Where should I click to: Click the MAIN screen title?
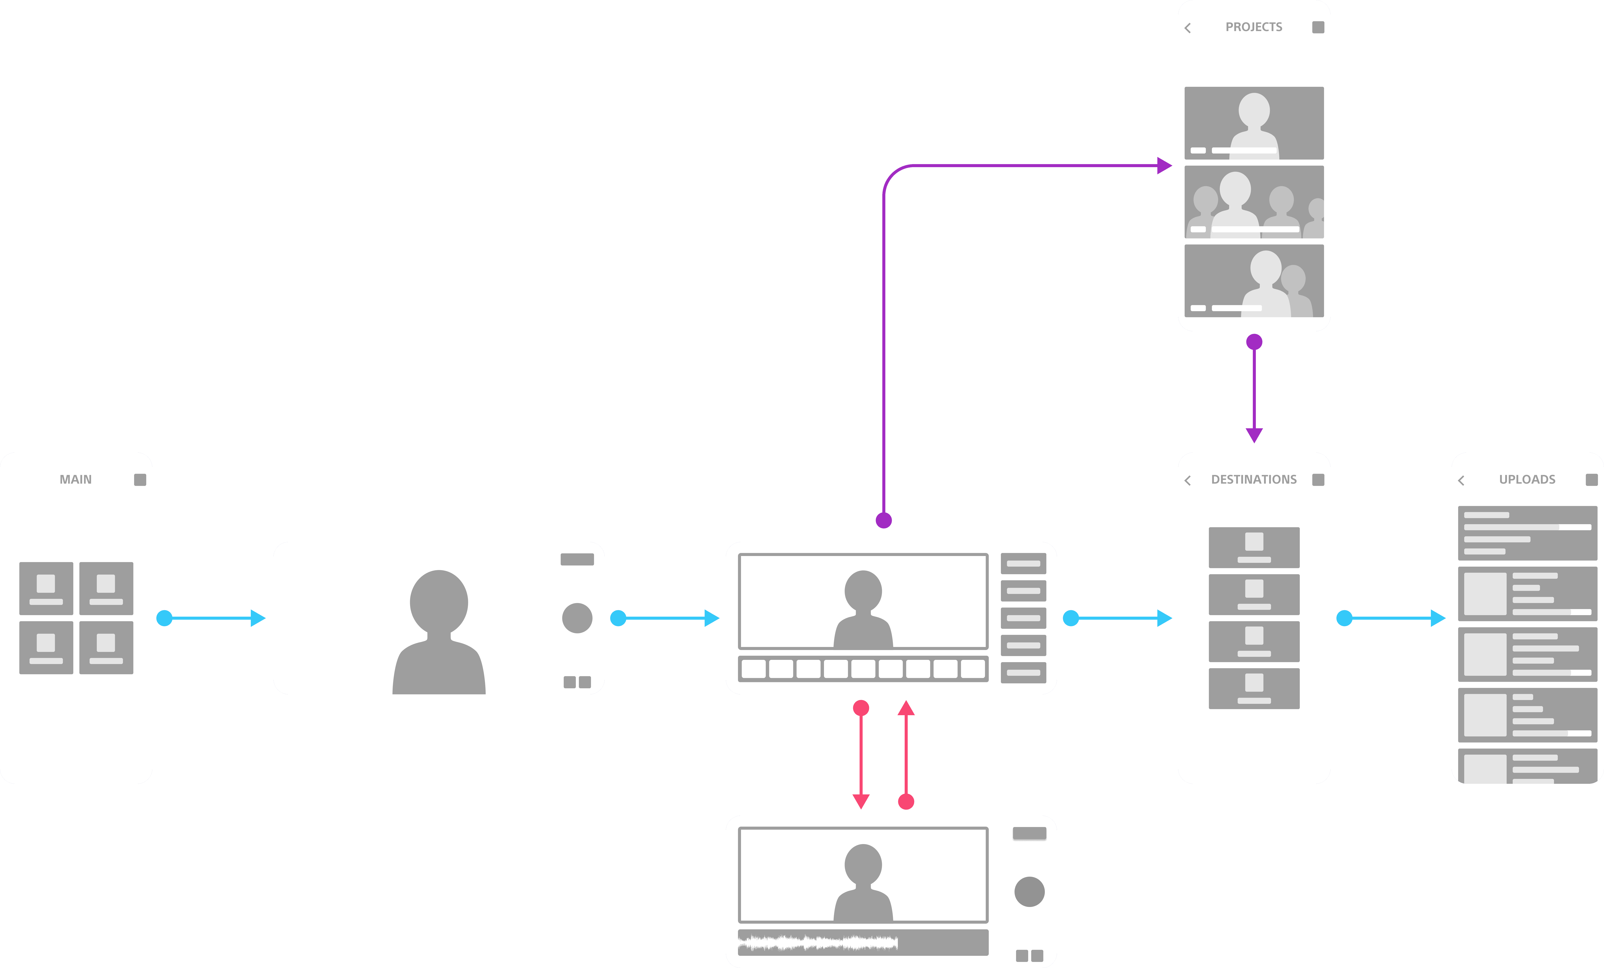(x=76, y=479)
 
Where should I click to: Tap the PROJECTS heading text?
(x=1254, y=27)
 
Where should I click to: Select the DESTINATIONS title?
(x=1254, y=479)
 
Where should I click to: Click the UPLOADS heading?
(x=1527, y=479)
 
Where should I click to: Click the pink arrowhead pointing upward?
(x=906, y=708)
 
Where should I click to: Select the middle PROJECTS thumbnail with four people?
(x=1254, y=202)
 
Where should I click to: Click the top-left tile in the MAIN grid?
(x=46, y=588)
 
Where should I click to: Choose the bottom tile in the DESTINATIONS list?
(x=1254, y=688)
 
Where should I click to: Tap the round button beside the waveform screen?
(x=1029, y=892)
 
